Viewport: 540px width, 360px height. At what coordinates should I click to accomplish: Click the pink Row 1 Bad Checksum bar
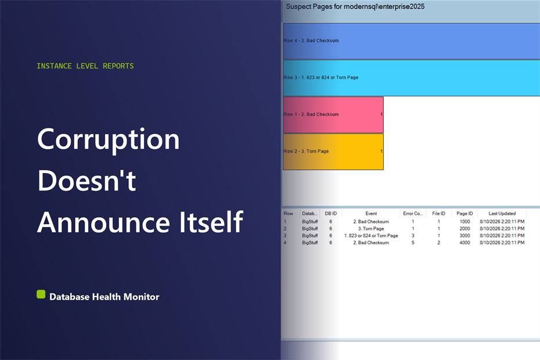coord(333,115)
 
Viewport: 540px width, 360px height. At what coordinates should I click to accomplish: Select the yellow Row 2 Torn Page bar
coord(333,152)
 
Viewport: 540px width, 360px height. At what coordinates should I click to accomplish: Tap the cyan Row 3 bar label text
coord(321,77)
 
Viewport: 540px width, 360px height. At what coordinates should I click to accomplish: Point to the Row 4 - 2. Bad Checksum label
coord(311,41)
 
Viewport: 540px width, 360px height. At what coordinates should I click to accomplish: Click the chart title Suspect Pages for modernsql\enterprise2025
coord(355,6)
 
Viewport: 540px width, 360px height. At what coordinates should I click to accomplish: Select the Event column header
coord(371,214)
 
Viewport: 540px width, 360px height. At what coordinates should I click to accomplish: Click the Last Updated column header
coord(502,214)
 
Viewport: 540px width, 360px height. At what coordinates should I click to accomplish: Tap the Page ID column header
coord(465,214)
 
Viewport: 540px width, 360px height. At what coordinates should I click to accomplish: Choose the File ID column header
coord(438,214)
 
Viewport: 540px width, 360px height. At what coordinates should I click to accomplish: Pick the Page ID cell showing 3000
coord(465,236)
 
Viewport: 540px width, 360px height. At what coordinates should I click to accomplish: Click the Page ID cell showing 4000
coord(465,243)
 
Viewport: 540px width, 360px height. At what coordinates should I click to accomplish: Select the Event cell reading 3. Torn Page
coord(371,229)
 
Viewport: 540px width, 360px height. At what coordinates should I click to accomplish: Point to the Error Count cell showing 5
coord(413,243)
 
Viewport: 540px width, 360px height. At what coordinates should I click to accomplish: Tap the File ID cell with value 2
coord(439,243)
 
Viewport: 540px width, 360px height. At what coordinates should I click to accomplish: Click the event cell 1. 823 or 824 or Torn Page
coord(371,236)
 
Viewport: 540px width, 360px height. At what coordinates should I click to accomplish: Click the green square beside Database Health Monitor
coord(41,294)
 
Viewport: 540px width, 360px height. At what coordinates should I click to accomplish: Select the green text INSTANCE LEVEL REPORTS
coord(85,66)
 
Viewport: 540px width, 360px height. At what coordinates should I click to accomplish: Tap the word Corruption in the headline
coord(109,139)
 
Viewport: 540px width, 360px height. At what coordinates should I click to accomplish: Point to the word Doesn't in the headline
coord(87,180)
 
